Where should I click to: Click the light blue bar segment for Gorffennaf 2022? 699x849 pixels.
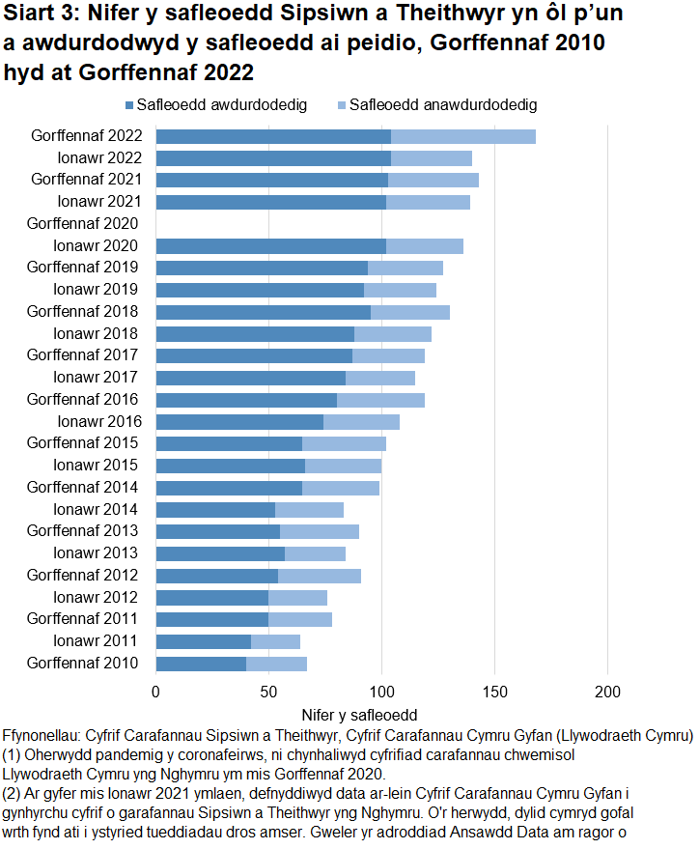[462, 136]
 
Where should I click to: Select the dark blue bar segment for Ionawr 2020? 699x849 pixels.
[270, 246]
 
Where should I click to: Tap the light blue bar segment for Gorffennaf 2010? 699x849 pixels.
[276, 664]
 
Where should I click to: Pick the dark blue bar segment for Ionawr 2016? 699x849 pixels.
[238, 422]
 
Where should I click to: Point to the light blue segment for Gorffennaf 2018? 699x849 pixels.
[409, 312]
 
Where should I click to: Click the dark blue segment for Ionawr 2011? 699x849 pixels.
[203, 641]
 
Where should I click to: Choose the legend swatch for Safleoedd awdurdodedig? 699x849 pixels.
[129, 105]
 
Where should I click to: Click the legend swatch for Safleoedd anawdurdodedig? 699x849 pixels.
[342, 105]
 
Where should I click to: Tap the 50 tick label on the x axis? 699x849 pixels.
[268, 691]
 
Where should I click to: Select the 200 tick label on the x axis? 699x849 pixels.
[607, 691]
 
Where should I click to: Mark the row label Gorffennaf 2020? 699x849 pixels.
[84, 224]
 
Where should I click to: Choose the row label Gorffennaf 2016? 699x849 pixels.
[84, 400]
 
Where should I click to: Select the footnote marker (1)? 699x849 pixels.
[14, 754]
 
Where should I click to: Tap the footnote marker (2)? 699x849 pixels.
[14, 792]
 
